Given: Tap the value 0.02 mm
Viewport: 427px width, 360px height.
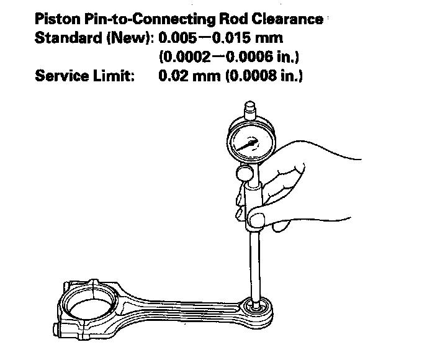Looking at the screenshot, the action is pos(184,77).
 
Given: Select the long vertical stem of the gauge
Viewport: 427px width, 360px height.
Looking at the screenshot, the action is pos(254,261).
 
